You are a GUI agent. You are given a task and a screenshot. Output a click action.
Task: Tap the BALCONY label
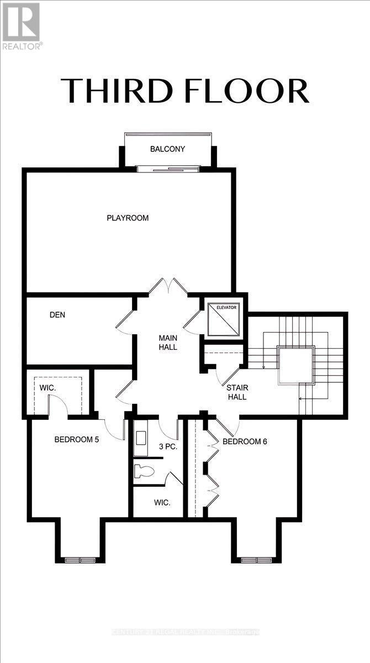click(167, 149)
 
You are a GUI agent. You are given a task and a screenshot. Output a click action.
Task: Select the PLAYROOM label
click(128, 218)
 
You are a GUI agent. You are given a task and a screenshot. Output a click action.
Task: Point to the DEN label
click(57, 315)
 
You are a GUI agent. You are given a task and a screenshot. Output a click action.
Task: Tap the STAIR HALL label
click(236, 392)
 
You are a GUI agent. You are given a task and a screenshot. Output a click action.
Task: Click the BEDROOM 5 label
click(76, 440)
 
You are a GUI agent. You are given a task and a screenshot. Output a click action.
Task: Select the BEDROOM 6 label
click(245, 441)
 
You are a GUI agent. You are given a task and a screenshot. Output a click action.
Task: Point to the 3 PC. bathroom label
click(168, 446)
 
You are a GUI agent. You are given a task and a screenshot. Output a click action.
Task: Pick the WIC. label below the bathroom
click(162, 503)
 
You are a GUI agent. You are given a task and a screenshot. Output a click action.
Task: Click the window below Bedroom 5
click(81, 560)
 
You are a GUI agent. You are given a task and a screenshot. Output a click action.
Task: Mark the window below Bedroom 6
click(257, 560)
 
